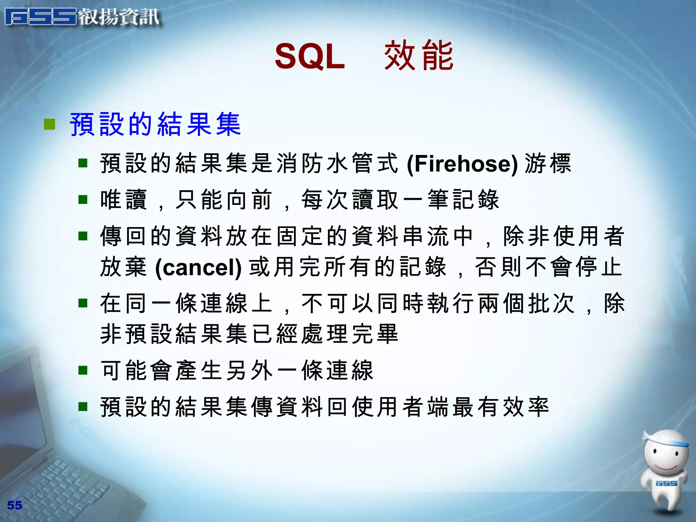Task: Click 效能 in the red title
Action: [x=419, y=55]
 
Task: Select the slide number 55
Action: [x=15, y=505]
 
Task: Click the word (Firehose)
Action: [x=463, y=164]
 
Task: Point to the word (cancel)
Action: [x=198, y=267]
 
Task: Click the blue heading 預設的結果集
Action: [x=155, y=124]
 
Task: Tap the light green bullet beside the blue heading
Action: [x=50, y=124]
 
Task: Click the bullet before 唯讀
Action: [x=83, y=199]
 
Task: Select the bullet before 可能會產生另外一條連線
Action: [x=83, y=370]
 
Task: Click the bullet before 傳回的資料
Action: [x=83, y=236]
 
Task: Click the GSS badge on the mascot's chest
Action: [x=666, y=483]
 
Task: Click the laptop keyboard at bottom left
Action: [x=68, y=483]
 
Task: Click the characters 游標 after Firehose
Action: [x=548, y=163]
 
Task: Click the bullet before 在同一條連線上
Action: [x=83, y=303]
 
